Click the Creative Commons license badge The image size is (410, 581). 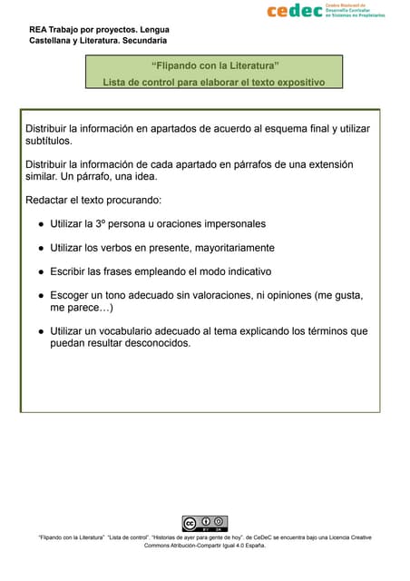click(x=204, y=524)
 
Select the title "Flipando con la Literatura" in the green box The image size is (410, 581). click(x=215, y=65)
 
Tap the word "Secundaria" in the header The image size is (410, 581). click(x=140, y=41)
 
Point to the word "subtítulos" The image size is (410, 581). click(x=49, y=142)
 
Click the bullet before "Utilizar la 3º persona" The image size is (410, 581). click(x=41, y=223)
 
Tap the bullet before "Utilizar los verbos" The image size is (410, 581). click(x=41, y=248)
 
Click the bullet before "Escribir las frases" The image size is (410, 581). click(x=41, y=271)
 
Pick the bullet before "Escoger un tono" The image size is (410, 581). click(x=41, y=296)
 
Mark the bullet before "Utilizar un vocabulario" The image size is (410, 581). click(x=41, y=331)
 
